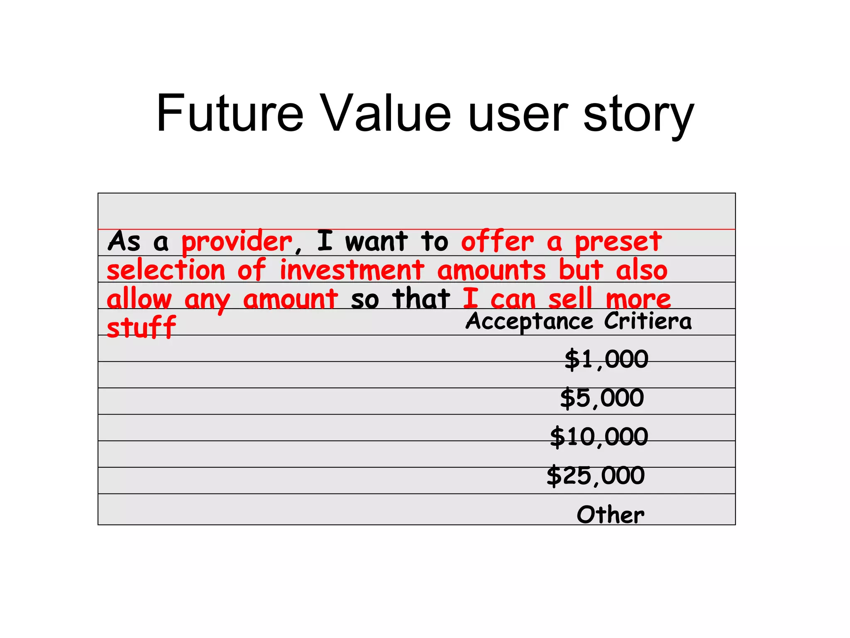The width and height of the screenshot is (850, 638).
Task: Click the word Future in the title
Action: [230, 113]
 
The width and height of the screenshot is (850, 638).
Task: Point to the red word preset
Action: [618, 242]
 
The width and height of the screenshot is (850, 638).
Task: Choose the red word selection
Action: [166, 270]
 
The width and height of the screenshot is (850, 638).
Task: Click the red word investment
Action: [352, 270]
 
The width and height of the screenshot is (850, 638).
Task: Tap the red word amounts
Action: [491, 270]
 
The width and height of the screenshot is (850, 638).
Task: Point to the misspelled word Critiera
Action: [647, 321]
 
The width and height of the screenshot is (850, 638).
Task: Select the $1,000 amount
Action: [606, 359]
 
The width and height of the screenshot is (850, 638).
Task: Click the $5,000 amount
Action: [602, 398]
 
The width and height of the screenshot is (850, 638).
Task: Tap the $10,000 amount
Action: [599, 437]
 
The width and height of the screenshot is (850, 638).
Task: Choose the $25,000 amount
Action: [596, 476]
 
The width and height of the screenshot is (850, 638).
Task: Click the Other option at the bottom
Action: [610, 515]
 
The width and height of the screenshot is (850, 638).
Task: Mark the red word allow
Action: [139, 299]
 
